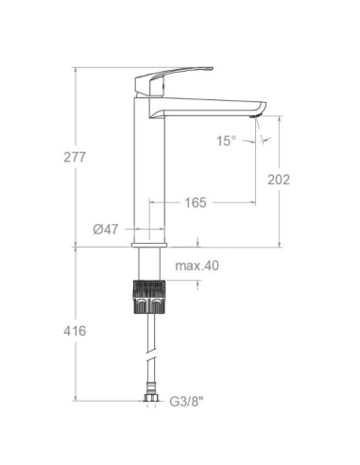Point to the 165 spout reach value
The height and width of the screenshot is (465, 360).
(196, 202)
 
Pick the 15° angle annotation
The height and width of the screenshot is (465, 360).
(225, 141)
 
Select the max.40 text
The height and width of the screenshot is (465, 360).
(197, 266)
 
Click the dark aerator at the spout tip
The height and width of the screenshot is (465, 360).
(254, 117)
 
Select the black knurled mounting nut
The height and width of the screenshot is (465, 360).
(151, 298)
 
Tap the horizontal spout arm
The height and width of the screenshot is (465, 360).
(213, 108)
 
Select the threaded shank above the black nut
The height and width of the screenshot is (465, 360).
(151, 265)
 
